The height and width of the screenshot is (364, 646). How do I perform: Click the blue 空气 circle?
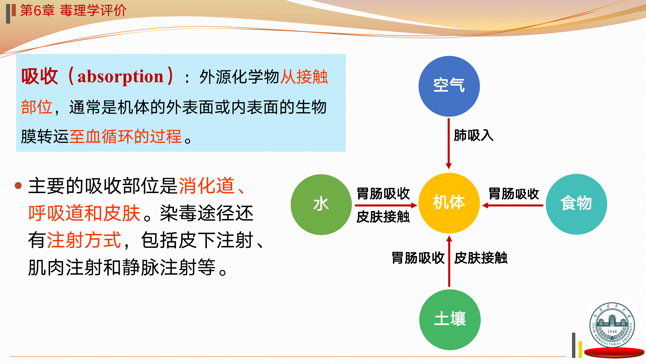coord(449,86)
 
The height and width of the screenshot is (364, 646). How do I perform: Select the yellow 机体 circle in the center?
coord(449,203)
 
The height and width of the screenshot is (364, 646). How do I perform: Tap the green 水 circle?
coord(321,204)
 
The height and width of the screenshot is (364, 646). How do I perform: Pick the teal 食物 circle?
coord(576,204)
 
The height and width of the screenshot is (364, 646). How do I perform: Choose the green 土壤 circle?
coord(450,320)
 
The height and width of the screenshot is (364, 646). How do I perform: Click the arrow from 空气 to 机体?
coord(448,144)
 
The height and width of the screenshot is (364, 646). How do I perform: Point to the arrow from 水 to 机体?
coord(386,205)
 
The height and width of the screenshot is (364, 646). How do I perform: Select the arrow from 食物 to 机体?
coord(512,205)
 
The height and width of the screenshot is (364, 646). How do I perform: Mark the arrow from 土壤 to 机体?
coord(449,261)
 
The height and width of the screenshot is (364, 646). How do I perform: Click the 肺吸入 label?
coord(473,135)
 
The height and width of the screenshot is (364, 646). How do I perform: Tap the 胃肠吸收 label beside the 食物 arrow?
coord(513,194)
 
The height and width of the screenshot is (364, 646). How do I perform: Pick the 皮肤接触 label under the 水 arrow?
coord(383,217)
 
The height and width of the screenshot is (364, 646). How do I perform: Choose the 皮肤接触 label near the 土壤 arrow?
coord(481,258)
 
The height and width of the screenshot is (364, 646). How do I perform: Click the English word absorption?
coord(120,77)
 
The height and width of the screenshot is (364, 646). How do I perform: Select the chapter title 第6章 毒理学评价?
coord(73,10)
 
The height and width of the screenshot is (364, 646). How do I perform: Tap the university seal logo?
coord(612,325)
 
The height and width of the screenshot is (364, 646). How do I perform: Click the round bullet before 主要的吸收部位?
coord(18,185)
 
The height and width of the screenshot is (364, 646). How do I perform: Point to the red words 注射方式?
coord(84,240)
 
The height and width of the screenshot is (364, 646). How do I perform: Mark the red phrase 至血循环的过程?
coord(125,136)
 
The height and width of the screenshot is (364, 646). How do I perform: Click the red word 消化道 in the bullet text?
coord(207,185)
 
